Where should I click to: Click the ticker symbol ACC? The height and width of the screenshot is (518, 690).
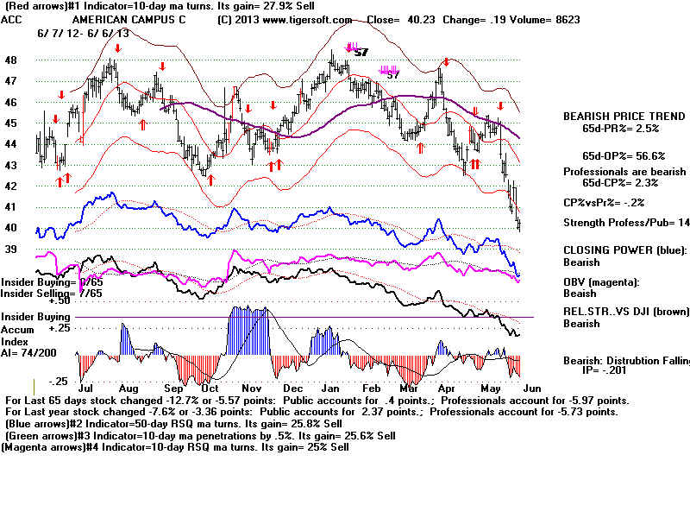pos(11,19)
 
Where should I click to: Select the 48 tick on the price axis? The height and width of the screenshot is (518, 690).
pos(10,60)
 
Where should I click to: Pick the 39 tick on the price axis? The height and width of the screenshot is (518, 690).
pos(10,249)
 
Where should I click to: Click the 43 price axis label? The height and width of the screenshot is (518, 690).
pos(10,165)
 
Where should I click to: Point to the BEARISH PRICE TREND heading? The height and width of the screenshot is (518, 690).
pos(617,116)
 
